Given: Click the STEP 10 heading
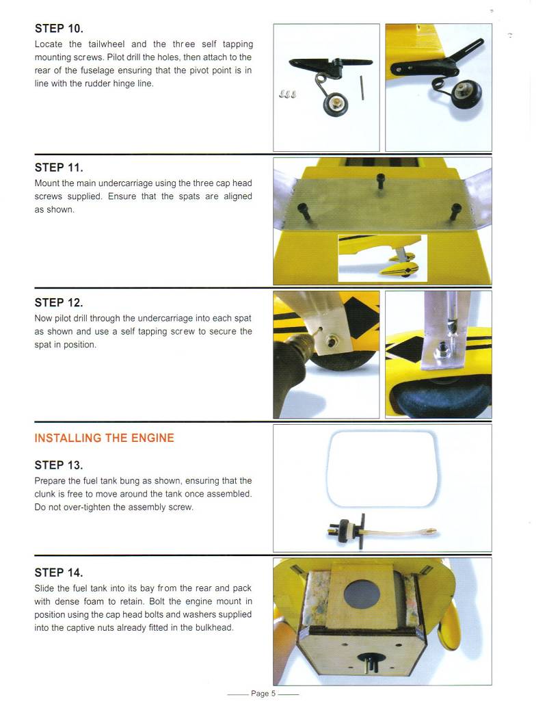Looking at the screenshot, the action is point(59,29).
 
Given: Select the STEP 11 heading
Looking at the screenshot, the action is point(59,168).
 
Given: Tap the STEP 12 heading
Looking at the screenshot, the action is point(59,302).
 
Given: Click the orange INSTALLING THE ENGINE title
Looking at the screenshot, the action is point(104,438).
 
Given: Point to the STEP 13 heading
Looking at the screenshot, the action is point(59,465).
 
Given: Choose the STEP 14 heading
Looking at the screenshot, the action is point(59,573).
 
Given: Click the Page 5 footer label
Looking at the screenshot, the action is point(263,693).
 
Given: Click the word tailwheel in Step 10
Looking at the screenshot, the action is point(107,44).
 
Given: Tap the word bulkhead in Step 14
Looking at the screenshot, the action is point(214,628).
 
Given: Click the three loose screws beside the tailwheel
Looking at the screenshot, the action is point(287,94).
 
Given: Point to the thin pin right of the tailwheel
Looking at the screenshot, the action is point(362,88).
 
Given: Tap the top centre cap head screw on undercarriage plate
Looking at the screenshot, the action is point(380,182).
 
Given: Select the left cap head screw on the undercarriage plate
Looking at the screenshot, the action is point(303,212).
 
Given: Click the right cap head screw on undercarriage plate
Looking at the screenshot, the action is point(456,211).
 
